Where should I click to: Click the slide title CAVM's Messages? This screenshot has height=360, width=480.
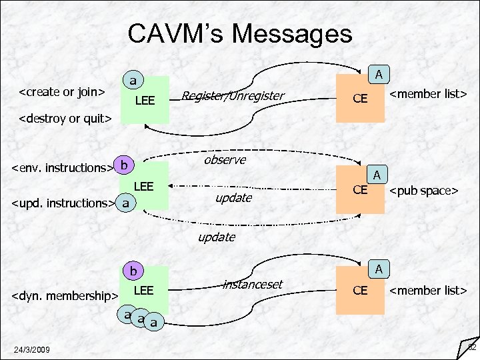[x=239, y=33]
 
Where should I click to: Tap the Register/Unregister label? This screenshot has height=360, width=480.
[x=233, y=97]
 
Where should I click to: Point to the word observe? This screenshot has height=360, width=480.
[x=225, y=160]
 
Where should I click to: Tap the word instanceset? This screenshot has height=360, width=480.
[x=253, y=285]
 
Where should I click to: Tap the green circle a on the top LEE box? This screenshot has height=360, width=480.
[x=133, y=81]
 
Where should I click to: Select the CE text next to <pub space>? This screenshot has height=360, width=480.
[x=361, y=189]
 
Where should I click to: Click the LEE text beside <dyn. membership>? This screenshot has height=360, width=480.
[x=144, y=290]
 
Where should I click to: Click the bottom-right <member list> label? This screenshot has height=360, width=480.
[x=427, y=290]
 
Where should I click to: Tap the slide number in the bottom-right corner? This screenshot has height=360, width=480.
[x=471, y=347]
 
